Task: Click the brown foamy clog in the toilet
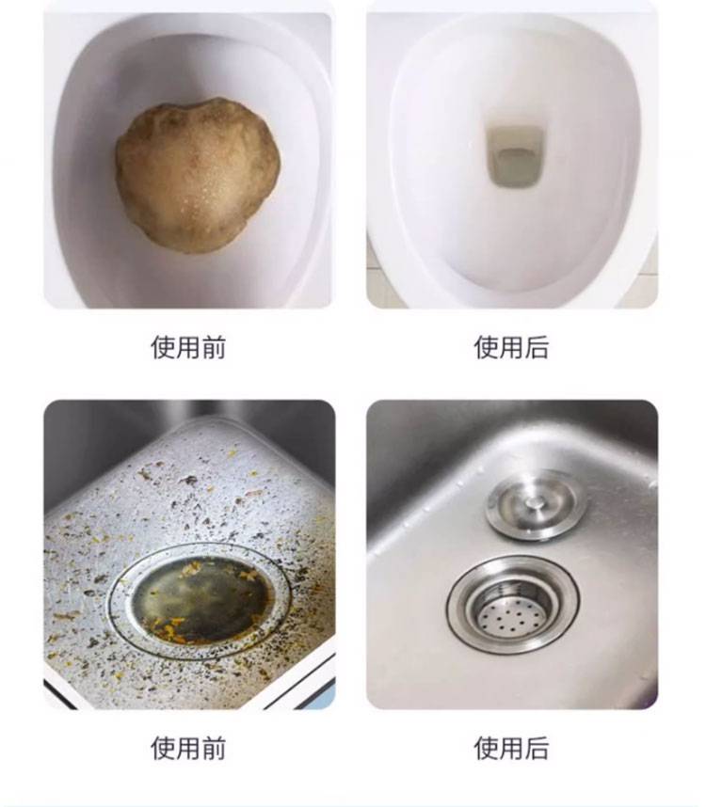coord(198,175)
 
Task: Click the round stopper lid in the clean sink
coord(536,504)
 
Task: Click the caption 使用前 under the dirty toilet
coord(188,347)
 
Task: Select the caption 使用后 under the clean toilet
coord(511,347)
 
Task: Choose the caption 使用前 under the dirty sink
coord(188,748)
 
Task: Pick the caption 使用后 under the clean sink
coord(511,748)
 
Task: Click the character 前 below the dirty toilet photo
coord(214,347)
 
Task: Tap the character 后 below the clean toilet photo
coord(538,347)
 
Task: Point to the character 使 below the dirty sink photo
coord(163,748)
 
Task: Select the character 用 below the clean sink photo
coord(511,748)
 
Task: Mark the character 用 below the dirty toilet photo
coord(188,347)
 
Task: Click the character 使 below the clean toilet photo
coord(486,347)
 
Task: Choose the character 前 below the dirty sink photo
coord(214,748)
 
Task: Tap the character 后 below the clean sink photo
coord(538,748)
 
